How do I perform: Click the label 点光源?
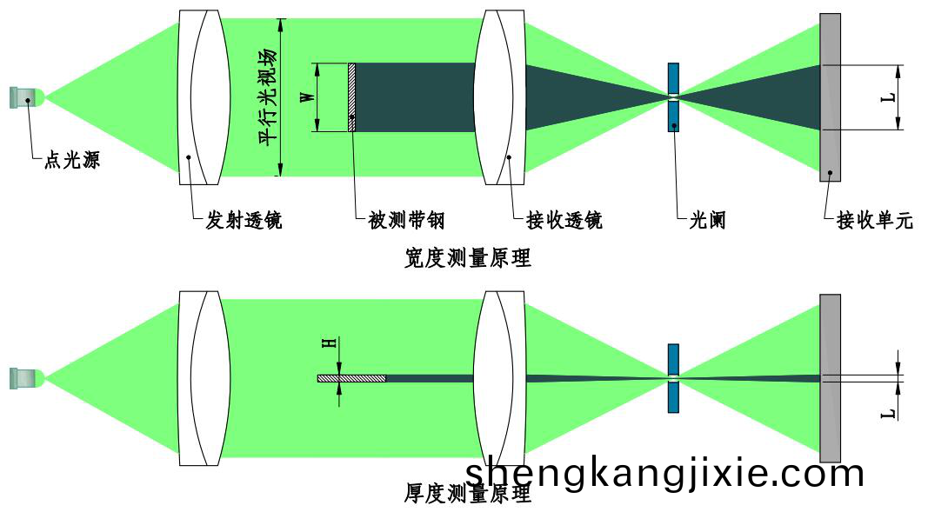coord(71,160)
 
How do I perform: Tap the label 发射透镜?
coord(244,221)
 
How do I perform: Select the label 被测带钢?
coord(406,221)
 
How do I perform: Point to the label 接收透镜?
coord(564,221)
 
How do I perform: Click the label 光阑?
coord(707,221)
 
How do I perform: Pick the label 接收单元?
coord(875,221)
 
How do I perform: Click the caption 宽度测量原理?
coord(468,258)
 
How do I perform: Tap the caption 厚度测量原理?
coord(468,493)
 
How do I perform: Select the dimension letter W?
coord(308,96)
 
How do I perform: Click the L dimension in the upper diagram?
coord(888,97)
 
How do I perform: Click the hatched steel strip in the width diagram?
coord(351,97)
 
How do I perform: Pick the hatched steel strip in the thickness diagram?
coord(351,378)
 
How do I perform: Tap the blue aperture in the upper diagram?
coord(673,97)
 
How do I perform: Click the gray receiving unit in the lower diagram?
coord(830,378)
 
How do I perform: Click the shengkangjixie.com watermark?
coord(664,474)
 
